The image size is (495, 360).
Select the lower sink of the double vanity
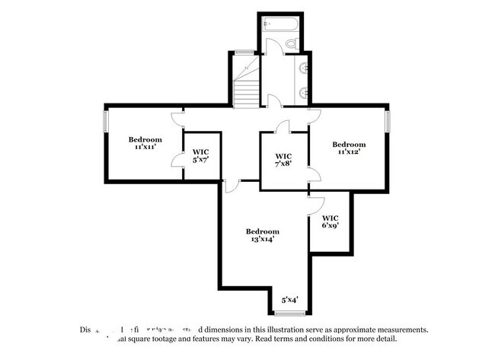302,93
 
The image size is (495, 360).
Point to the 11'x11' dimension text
145,147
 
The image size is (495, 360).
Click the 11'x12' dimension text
349,152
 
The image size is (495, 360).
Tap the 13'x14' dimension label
262,239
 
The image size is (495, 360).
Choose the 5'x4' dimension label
289,300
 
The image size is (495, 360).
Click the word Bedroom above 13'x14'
262,231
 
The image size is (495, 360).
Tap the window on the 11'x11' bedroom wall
105,122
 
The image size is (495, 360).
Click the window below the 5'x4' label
289,313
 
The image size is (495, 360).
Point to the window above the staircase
244,52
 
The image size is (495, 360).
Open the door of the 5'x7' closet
177,159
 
